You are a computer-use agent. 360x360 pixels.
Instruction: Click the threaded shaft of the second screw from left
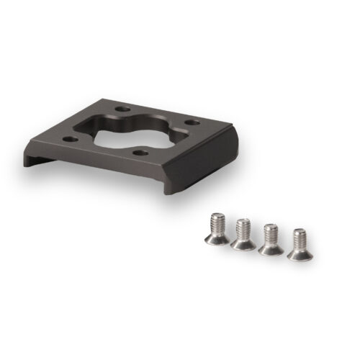pyautogui.click(x=243, y=231)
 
